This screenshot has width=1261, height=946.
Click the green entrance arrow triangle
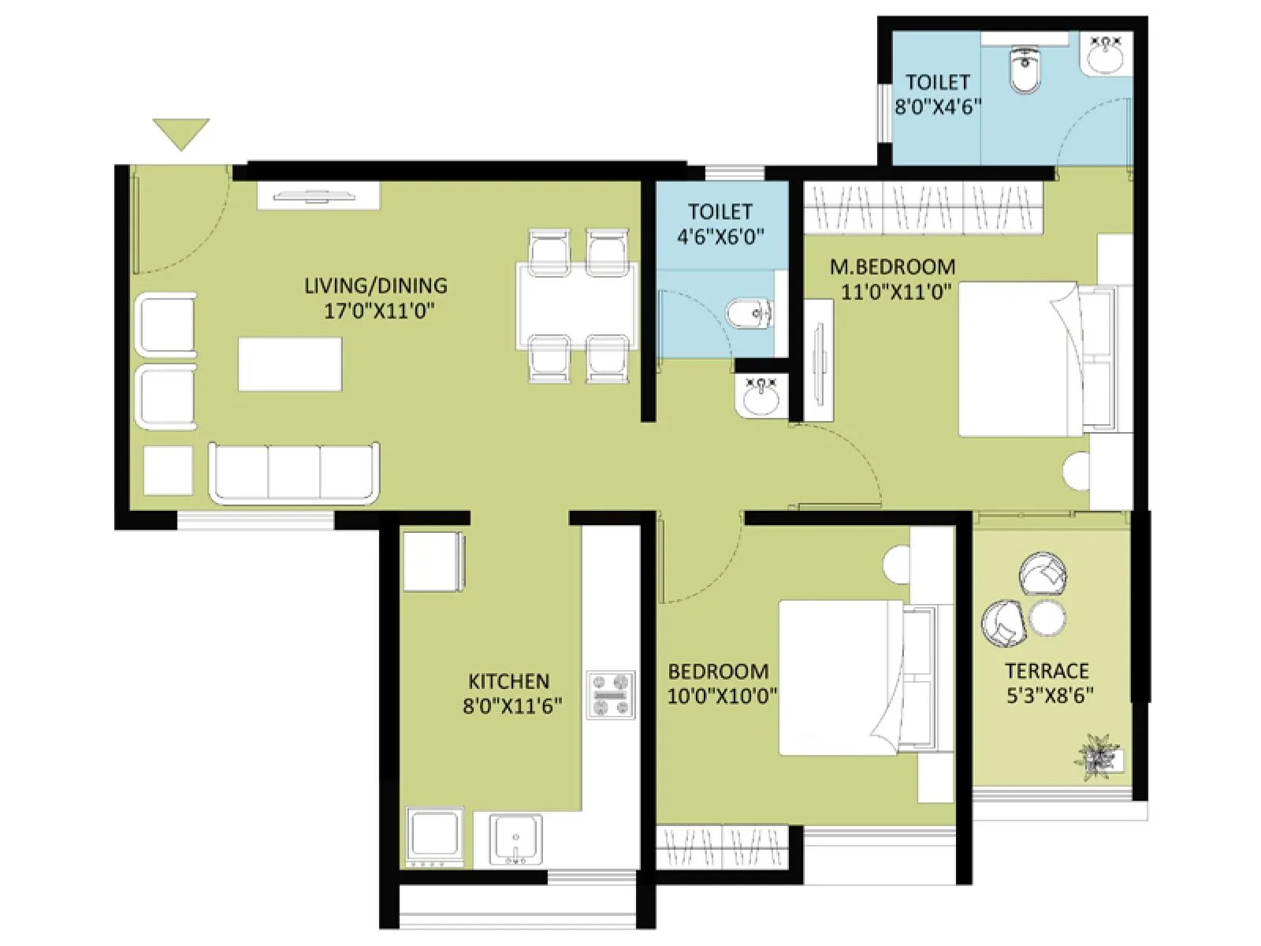tap(181, 132)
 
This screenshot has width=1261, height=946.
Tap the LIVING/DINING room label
tap(376, 285)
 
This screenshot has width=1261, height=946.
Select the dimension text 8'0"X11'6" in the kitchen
tap(512, 706)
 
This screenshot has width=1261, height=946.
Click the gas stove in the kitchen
tap(611, 695)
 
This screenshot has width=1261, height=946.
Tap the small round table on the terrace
tap(1047, 617)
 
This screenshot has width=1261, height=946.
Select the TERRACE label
tap(1047, 671)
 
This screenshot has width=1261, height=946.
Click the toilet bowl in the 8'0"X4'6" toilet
tap(1025, 69)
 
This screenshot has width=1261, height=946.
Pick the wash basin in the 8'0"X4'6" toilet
tap(1108, 55)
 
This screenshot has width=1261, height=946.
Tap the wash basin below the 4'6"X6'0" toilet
tap(761, 396)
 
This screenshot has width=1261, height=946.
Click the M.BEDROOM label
tap(892, 266)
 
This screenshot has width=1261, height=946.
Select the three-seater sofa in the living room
tap(293, 472)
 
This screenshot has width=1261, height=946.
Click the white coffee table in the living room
tap(290, 364)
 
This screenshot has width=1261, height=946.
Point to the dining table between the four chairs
tap(577, 306)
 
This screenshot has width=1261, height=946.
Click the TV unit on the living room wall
tap(318, 196)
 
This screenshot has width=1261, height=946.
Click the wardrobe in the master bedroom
tap(923, 208)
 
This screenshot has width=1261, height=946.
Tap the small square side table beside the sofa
tap(168, 471)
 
